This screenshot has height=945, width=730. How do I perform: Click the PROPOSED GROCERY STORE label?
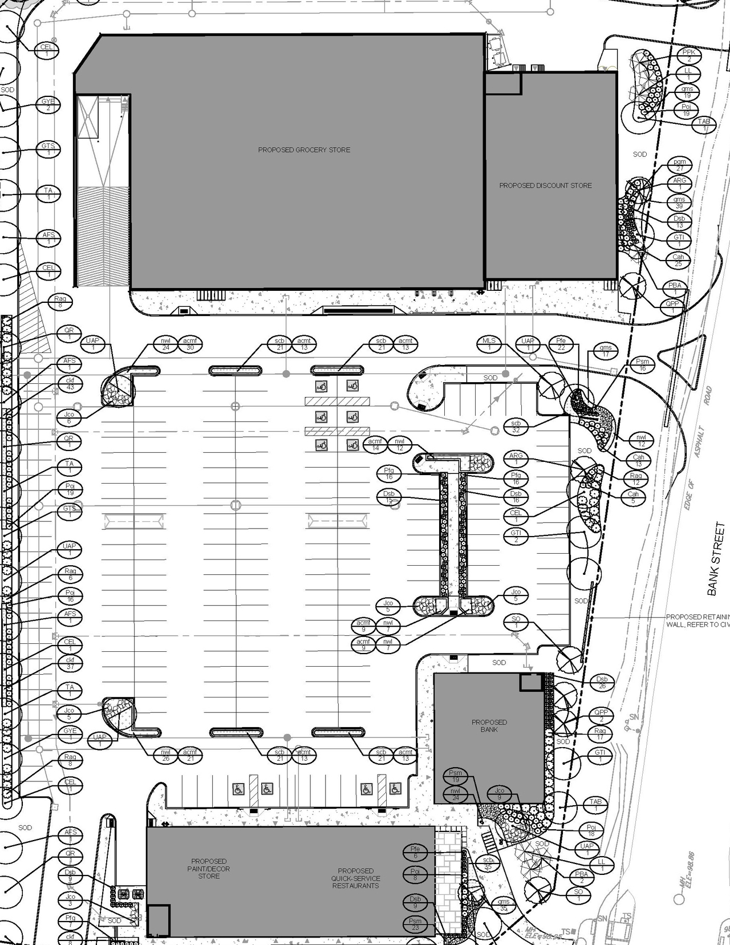[304, 150]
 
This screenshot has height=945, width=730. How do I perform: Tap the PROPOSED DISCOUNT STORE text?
[545, 185]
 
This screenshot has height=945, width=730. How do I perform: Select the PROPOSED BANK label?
[489, 725]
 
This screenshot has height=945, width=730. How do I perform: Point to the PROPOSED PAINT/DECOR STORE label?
[209, 869]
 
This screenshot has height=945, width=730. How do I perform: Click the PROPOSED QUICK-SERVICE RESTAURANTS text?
[355, 878]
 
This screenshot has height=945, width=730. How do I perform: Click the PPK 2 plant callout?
[689, 56]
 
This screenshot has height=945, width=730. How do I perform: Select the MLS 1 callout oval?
[489, 344]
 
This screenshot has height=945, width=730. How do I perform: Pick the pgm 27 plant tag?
[679, 165]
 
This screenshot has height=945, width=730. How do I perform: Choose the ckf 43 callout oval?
[70, 384]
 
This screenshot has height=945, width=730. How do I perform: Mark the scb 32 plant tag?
[516, 427]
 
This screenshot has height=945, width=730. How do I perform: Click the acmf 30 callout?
[190, 344]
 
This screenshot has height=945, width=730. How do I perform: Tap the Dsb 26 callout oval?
[602, 683]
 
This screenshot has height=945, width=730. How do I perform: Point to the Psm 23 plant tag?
[415, 924]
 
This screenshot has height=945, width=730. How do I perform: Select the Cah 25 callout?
[678, 260]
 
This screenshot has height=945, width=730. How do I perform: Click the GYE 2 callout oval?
[48, 105]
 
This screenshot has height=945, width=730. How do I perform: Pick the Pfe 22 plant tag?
[561, 344]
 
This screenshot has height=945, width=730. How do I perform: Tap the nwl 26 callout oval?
[165, 755]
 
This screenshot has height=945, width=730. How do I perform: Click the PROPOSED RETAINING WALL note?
[697, 621]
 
